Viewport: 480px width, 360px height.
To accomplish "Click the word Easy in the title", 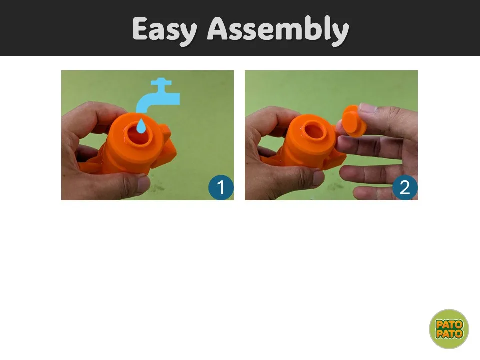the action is pyautogui.click(x=165, y=30).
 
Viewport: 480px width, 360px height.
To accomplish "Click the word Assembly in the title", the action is pyautogui.click(x=278, y=30).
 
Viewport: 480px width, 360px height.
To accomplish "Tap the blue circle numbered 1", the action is pyautogui.click(x=221, y=187).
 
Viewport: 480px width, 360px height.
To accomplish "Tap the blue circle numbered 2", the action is pyautogui.click(x=405, y=187).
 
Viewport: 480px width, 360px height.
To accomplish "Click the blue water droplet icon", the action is pyautogui.click(x=141, y=126).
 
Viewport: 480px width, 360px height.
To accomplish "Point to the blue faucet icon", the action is pyautogui.click(x=158, y=95).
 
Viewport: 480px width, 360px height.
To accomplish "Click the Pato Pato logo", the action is pyautogui.click(x=449, y=329).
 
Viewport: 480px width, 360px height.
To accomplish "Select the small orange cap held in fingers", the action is pyautogui.click(x=353, y=121).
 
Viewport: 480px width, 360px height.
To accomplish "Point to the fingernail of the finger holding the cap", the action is pyautogui.click(x=368, y=108).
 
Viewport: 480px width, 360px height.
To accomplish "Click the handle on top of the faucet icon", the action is pyautogui.click(x=161, y=82).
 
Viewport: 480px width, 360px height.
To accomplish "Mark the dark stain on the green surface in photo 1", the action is pyautogui.click(x=158, y=186).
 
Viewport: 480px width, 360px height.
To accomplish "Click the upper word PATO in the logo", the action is pyautogui.click(x=449, y=324).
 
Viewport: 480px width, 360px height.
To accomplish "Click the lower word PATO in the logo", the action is pyautogui.click(x=449, y=334).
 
